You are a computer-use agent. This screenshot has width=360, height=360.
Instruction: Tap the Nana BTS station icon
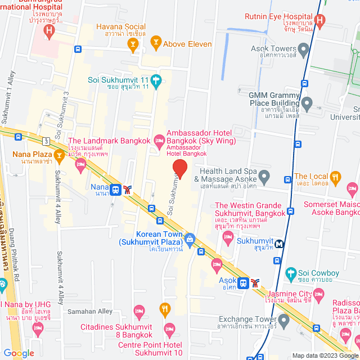[116, 190]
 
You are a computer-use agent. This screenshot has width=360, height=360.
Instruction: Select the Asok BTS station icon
[242, 282]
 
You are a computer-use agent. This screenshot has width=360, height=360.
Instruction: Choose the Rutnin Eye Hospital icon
[319, 21]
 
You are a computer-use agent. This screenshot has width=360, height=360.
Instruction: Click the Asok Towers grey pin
[304, 50]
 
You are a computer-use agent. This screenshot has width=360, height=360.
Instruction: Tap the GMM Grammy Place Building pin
[307, 103]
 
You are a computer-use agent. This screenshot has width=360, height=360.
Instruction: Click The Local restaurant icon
[336, 178]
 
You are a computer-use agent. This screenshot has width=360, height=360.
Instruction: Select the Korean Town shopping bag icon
[190, 239]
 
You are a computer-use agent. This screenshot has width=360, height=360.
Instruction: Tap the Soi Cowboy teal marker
[291, 275]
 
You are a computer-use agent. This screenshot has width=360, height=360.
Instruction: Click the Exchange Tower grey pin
[283, 321]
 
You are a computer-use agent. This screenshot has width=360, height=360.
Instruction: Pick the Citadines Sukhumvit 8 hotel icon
[139, 310]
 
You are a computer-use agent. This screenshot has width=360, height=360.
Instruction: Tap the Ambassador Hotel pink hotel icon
[159, 138]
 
